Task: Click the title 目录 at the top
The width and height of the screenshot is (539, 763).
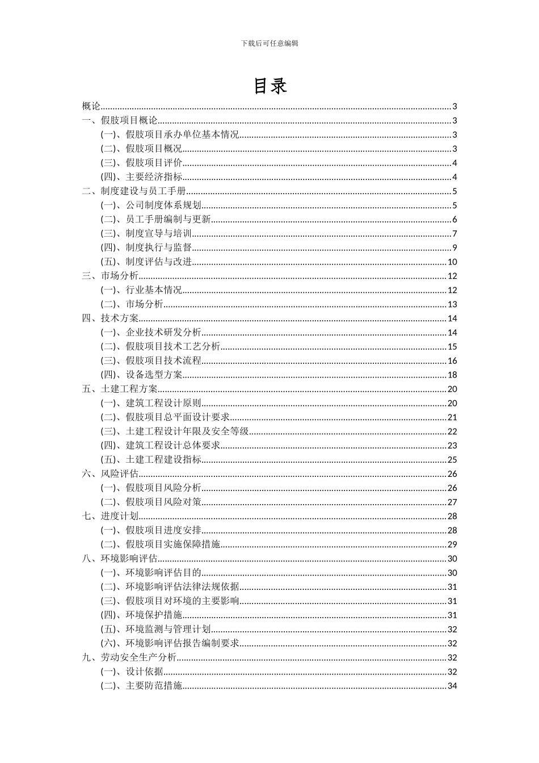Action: [x=269, y=86]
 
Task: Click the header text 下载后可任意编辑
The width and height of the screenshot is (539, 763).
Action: [x=269, y=43]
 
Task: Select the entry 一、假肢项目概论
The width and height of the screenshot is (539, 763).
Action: [x=120, y=120]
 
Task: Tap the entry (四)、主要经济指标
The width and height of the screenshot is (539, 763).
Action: [x=142, y=177]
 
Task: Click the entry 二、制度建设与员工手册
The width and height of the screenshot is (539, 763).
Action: [x=134, y=191]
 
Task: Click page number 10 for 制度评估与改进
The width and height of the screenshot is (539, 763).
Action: [x=452, y=262]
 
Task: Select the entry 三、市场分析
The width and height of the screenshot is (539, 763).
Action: [x=110, y=276]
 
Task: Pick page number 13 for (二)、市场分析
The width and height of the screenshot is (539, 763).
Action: [x=452, y=304]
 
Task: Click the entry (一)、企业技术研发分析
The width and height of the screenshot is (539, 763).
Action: [x=151, y=333]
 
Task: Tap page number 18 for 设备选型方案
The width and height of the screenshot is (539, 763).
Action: [x=452, y=375]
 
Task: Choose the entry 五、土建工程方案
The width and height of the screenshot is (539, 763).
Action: [x=120, y=389]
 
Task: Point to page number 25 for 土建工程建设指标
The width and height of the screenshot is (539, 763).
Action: [x=452, y=460]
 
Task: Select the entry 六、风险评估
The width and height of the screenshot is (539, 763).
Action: [x=110, y=474]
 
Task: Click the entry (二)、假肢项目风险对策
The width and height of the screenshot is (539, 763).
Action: [x=151, y=502]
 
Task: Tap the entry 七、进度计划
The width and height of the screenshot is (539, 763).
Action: [x=110, y=516]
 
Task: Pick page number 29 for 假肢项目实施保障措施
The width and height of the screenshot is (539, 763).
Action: [x=452, y=544]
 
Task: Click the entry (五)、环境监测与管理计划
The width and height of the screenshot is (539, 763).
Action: [x=156, y=629]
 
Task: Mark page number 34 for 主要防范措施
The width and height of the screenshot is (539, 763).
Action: [x=452, y=686]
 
